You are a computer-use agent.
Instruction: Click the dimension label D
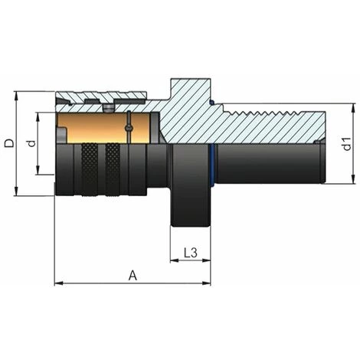click(8, 143)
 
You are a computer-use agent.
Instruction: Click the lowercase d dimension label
click(30, 143)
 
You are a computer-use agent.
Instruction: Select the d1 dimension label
click(346, 143)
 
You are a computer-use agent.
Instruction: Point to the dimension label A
click(133, 275)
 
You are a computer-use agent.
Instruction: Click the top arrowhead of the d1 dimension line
click(353, 108)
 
